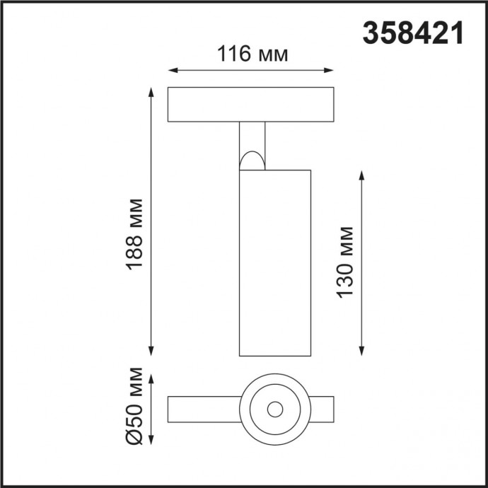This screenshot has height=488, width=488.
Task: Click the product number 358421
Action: click(x=413, y=33)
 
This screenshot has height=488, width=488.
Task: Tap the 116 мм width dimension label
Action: click(x=251, y=54)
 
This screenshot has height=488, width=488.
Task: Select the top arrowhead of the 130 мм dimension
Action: click(x=361, y=174)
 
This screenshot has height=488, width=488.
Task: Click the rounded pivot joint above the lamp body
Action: click(x=252, y=161)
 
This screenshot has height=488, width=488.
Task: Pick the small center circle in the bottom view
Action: click(x=274, y=408)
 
